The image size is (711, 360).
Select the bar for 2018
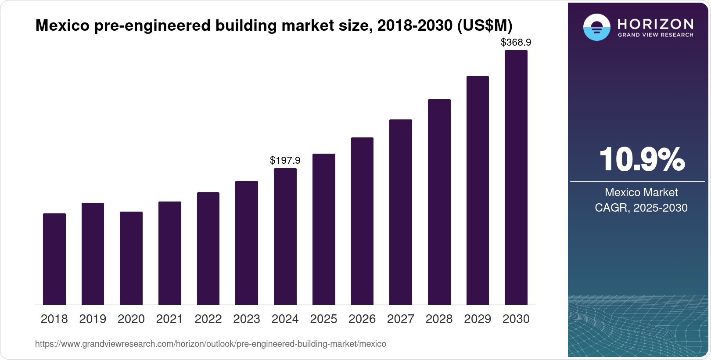coord(54,259)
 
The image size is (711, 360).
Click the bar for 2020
coord(131,258)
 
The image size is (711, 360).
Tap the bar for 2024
coord(285,236)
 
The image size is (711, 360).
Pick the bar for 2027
coord(401,212)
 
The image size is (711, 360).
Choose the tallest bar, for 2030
coord(516,177)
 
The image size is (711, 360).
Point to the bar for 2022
coord(208,248)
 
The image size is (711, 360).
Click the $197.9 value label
coord(285,160)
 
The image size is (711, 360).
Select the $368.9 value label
coord(516,42)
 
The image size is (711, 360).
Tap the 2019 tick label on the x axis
coord(93,319)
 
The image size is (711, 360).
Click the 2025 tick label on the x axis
coord(323,319)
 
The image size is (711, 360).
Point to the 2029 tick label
coord(478,319)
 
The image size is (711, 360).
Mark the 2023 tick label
coord(247,319)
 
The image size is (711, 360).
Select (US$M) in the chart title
coord(485,25)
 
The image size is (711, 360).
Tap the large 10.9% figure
coord(641,160)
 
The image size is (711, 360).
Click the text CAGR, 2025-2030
coord(641,208)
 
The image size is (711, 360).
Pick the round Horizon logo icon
coord(596,27)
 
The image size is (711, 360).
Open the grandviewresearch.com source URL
coord(211,344)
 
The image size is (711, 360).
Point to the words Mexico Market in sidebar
coord(641,192)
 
